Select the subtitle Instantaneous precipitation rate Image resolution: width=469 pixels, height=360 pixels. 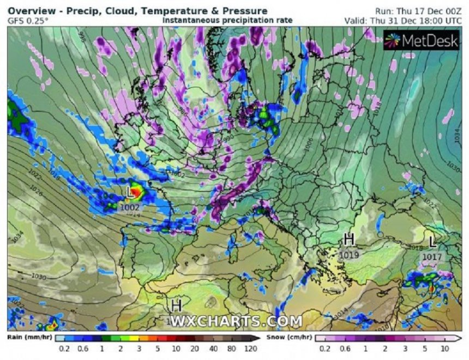[227, 20]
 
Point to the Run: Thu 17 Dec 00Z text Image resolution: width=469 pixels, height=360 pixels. [419, 11]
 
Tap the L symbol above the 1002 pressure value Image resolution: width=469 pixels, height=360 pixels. [129, 193]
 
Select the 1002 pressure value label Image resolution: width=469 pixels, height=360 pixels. [131, 207]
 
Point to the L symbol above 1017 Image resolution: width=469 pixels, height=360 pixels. [432, 241]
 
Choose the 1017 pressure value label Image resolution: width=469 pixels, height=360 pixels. [432, 255]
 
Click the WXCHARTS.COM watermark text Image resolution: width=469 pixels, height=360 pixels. [236, 322]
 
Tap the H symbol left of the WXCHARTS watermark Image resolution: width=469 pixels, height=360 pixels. [176, 305]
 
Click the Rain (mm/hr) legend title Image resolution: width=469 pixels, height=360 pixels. [26, 337]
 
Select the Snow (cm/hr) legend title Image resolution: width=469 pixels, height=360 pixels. [290, 337]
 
